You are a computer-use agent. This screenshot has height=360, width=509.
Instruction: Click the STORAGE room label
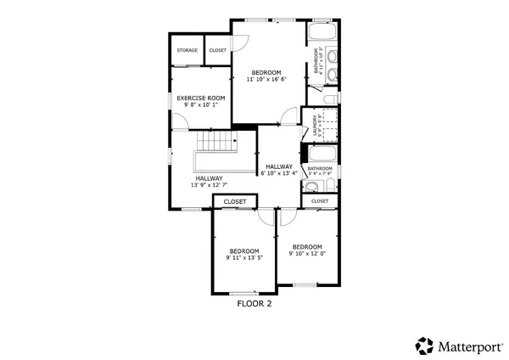(187, 51)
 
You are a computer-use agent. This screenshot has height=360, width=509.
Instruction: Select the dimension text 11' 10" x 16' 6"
(266, 79)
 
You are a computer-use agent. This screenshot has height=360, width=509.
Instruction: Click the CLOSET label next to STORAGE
(218, 51)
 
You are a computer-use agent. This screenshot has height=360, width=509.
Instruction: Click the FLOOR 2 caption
(254, 302)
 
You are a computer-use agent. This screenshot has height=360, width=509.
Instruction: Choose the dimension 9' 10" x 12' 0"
(307, 253)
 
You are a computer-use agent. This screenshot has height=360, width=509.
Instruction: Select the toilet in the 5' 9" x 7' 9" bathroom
(312, 188)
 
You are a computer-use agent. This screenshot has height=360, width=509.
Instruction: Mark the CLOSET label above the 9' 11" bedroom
(235, 202)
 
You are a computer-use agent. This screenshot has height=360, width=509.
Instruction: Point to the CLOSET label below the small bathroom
(320, 201)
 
